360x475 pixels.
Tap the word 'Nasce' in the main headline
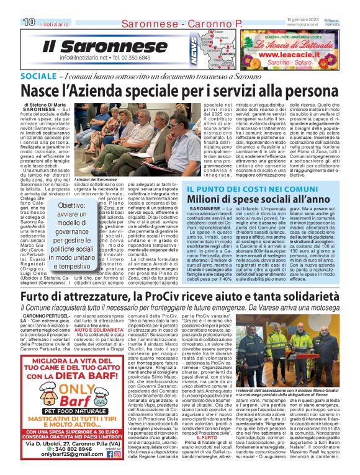tap(45, 90)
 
